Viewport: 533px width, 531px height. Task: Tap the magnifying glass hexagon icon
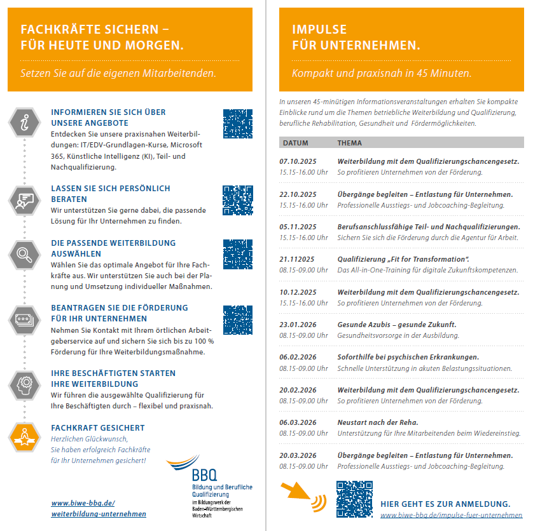click(x=24, y=255)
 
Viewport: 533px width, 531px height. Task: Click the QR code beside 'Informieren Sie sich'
click(x=238, y=123)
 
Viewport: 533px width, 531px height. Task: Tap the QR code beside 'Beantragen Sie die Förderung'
click(x=238, y=319)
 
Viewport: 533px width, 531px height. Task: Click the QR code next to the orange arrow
click(x=354, y=499)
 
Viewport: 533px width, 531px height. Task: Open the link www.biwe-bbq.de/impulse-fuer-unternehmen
click(x=451, y=515)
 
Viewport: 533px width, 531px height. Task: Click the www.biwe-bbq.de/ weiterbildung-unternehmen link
click(x=99, y=508)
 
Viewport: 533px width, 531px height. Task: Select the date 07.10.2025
click(x=298, y=161)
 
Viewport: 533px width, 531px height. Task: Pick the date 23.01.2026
click(x=298, y=325)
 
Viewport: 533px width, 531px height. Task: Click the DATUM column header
click(x=296, y=143)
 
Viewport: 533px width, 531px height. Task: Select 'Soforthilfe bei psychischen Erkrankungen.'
click(x=408, y=357)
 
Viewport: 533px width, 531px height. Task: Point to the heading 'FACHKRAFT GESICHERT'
click(x=98, y=428)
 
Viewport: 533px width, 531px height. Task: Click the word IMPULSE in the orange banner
click(x=319, y=29)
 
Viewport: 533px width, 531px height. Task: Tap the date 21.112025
click(x=297, y=259)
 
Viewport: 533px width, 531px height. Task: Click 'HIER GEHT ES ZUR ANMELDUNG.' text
click(x=445, y=504)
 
